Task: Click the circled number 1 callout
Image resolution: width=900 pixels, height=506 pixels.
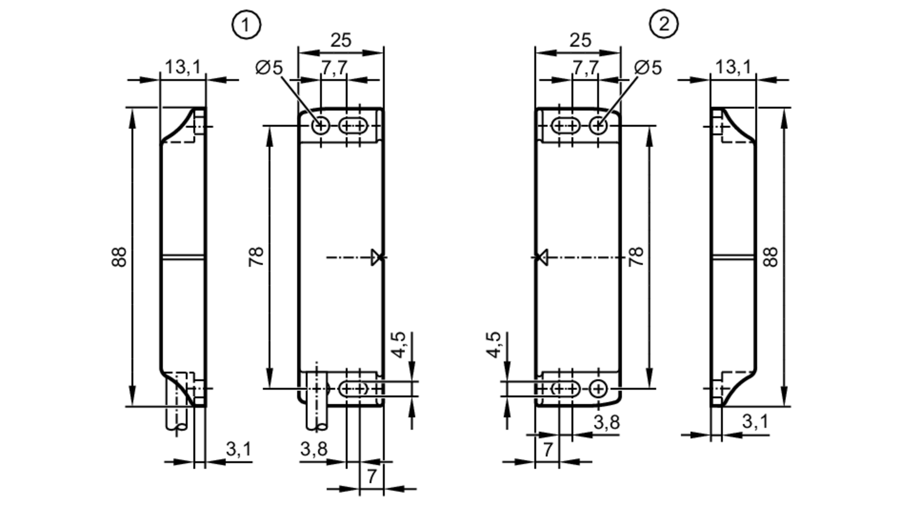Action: pos(246,25)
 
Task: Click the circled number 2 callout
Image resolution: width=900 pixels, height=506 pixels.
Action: pos(664,24)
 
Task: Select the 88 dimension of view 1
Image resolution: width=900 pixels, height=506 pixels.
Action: pos(119,257)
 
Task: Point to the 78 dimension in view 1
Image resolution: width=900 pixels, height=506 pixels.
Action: pos(256,257)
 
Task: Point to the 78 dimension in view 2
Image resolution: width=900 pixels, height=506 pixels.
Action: pos(636,257)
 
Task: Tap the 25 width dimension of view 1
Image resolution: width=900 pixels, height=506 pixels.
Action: pos(341,41)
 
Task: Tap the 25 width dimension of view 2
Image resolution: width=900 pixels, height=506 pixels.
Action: pos(580,41)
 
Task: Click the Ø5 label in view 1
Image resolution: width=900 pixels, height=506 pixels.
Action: pos(269,68)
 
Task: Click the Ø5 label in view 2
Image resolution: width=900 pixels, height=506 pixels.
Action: pos(648,68)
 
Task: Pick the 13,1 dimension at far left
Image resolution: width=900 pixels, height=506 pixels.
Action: pos(182,68)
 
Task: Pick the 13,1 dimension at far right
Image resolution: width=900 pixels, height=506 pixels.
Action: pos(733,68)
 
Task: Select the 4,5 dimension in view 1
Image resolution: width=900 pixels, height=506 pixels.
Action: pos(399,344)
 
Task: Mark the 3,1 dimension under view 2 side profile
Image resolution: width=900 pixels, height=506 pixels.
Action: pos(755,422)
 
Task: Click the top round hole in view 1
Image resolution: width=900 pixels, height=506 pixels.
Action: pos(321,126)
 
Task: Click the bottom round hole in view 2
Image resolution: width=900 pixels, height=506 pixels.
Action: pos(598,389)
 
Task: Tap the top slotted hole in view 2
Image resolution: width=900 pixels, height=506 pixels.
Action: pos(565,126)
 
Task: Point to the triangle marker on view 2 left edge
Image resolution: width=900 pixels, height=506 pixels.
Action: pos(542,257)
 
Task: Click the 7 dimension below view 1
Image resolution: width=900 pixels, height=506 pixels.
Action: pos(371,476)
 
